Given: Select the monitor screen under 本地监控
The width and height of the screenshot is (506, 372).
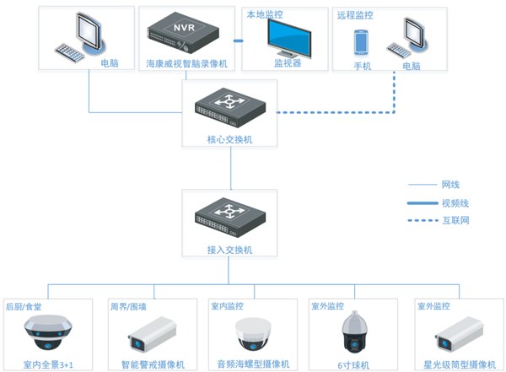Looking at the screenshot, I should coord(288,36).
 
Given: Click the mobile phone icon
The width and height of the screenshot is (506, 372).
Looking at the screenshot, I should coord(362,43).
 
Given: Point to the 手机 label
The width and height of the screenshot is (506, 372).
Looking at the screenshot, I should coord(362,66).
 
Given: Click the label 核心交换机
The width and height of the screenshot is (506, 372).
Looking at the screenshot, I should coord(230,139).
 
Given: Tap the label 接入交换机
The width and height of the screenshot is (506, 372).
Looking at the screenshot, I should coord(230,250).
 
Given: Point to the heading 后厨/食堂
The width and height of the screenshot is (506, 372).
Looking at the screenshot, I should coord(24,305).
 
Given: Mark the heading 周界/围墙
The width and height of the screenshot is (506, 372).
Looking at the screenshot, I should coord(129,305).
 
